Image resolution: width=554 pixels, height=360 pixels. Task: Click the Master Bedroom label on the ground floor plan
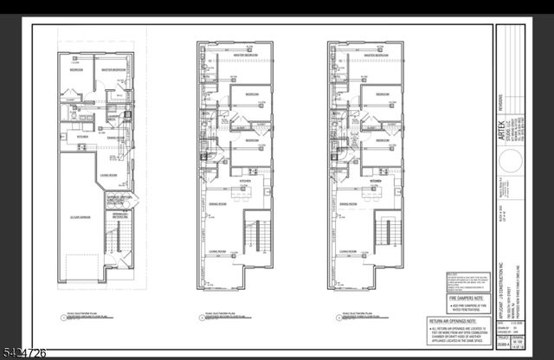(x=115, y=69)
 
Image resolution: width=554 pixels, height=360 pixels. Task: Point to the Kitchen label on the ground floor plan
(x=83, y=136)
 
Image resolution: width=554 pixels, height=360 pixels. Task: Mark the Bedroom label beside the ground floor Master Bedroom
(x=76, y=69)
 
